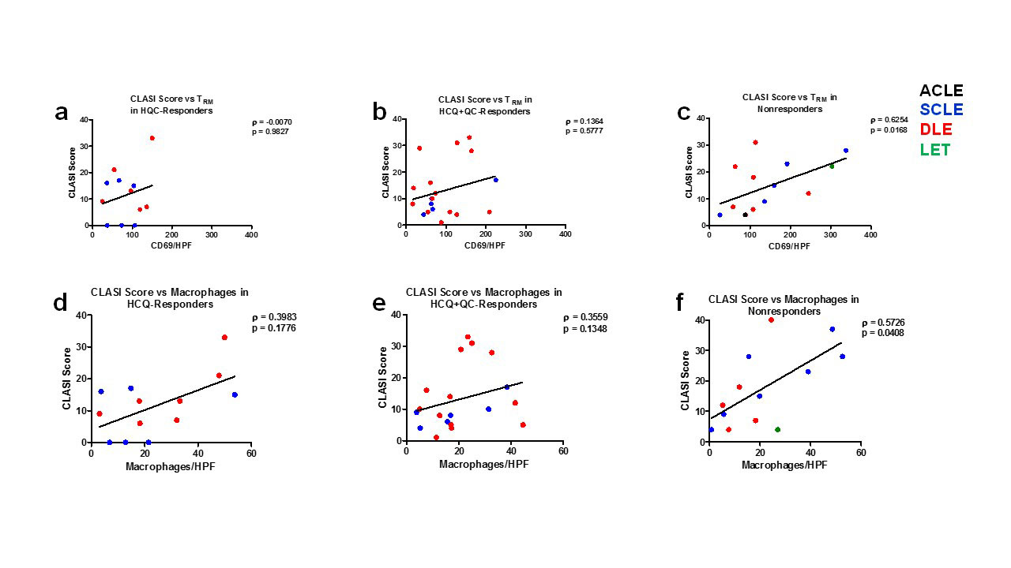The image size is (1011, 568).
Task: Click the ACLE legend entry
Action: pyautogui.click(x=941, y=91)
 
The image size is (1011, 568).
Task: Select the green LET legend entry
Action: pyautogui.click(x=934, y=150)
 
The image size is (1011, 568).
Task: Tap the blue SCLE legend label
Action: pyautogui.click(x=941, y=110)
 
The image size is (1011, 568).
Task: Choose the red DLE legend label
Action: pyautogui.click(x=935, y=130)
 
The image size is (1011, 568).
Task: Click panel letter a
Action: pyautogui.click(x=62, y=113)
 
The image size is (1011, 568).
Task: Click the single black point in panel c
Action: pyautogui.click(x=745, y=215)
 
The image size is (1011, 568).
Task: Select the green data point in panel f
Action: pyautogui.click(x=777, y=430)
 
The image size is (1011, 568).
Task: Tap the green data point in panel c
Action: pyautogui.click(x=831, y=166)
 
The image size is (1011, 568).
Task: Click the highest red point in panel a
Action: pyautogui.click(x=152, y=137)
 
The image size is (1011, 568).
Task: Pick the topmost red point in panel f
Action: pyautogui.click(x=771, y=319)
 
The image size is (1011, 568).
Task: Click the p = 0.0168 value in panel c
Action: pyautogui.click(x=889, y=130)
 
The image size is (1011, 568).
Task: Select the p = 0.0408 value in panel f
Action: pyautogui.click(x=882, y=333)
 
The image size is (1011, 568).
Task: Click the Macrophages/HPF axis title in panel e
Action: pyautogui.click(x=483, y=464)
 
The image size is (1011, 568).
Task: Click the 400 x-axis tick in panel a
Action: pyautogui.click(x=251, y=234)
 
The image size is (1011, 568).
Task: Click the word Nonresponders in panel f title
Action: pyautogui.click(x=783, y=311)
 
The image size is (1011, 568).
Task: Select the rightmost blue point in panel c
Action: pyautogui.click(x=845, y=151)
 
